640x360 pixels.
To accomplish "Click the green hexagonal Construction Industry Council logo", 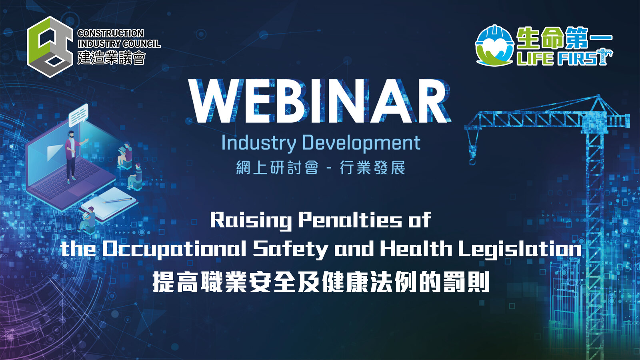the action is click(50, 47).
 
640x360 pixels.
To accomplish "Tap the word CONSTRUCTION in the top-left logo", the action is click(110, 34).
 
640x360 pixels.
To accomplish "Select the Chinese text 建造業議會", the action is click(112, 58).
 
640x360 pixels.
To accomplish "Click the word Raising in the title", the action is click(251, 220).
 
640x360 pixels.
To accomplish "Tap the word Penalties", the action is click(350, 220).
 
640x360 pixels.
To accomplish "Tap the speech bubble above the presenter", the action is click(78, 115).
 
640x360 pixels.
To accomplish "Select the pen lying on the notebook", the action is click(117, 201).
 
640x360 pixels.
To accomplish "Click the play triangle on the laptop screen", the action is click(54, 152).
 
